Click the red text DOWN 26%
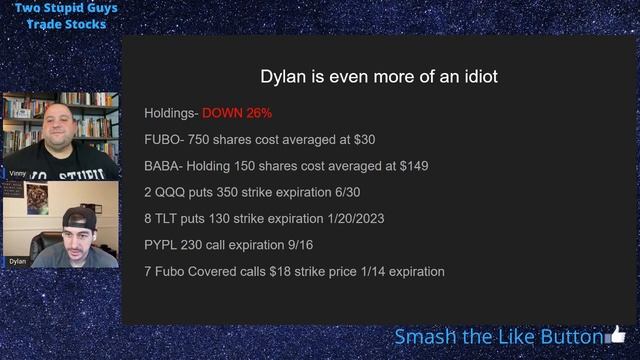pos(237,113)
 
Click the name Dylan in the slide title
pos(282,77)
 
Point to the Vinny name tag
pos(18,173)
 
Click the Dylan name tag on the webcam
pos(18,261)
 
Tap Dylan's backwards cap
pos(79,217)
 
